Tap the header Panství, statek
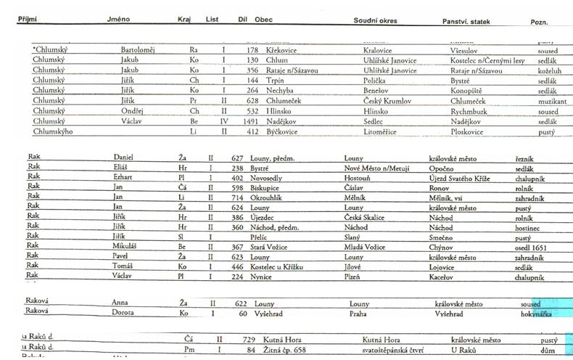click(466, 20)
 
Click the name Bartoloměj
click(137, 50)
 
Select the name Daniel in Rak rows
click(125, 157)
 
